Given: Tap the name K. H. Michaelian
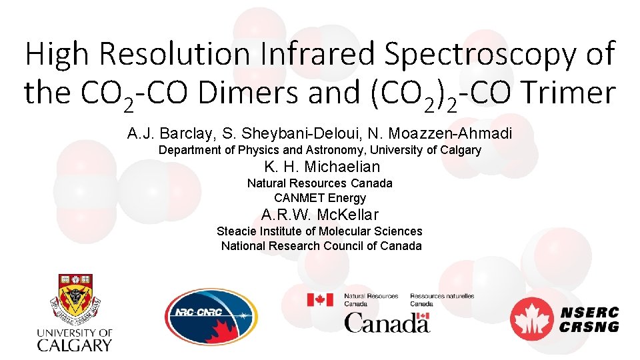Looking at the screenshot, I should [x=322, y=167].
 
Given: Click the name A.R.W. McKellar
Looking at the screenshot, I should [x=320, y=215].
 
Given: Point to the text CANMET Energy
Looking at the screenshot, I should [x=320, y=198].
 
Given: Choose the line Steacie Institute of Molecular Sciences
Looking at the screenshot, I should [x=319, y=231].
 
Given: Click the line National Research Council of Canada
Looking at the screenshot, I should [x=321, y=246].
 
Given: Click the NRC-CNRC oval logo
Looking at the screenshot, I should [x=210, y=315].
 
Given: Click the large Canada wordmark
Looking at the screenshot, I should [x=387, y=323].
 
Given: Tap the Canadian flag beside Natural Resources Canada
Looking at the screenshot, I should [x=320, y=299].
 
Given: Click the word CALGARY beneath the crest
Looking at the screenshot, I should [x=74, y=345].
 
